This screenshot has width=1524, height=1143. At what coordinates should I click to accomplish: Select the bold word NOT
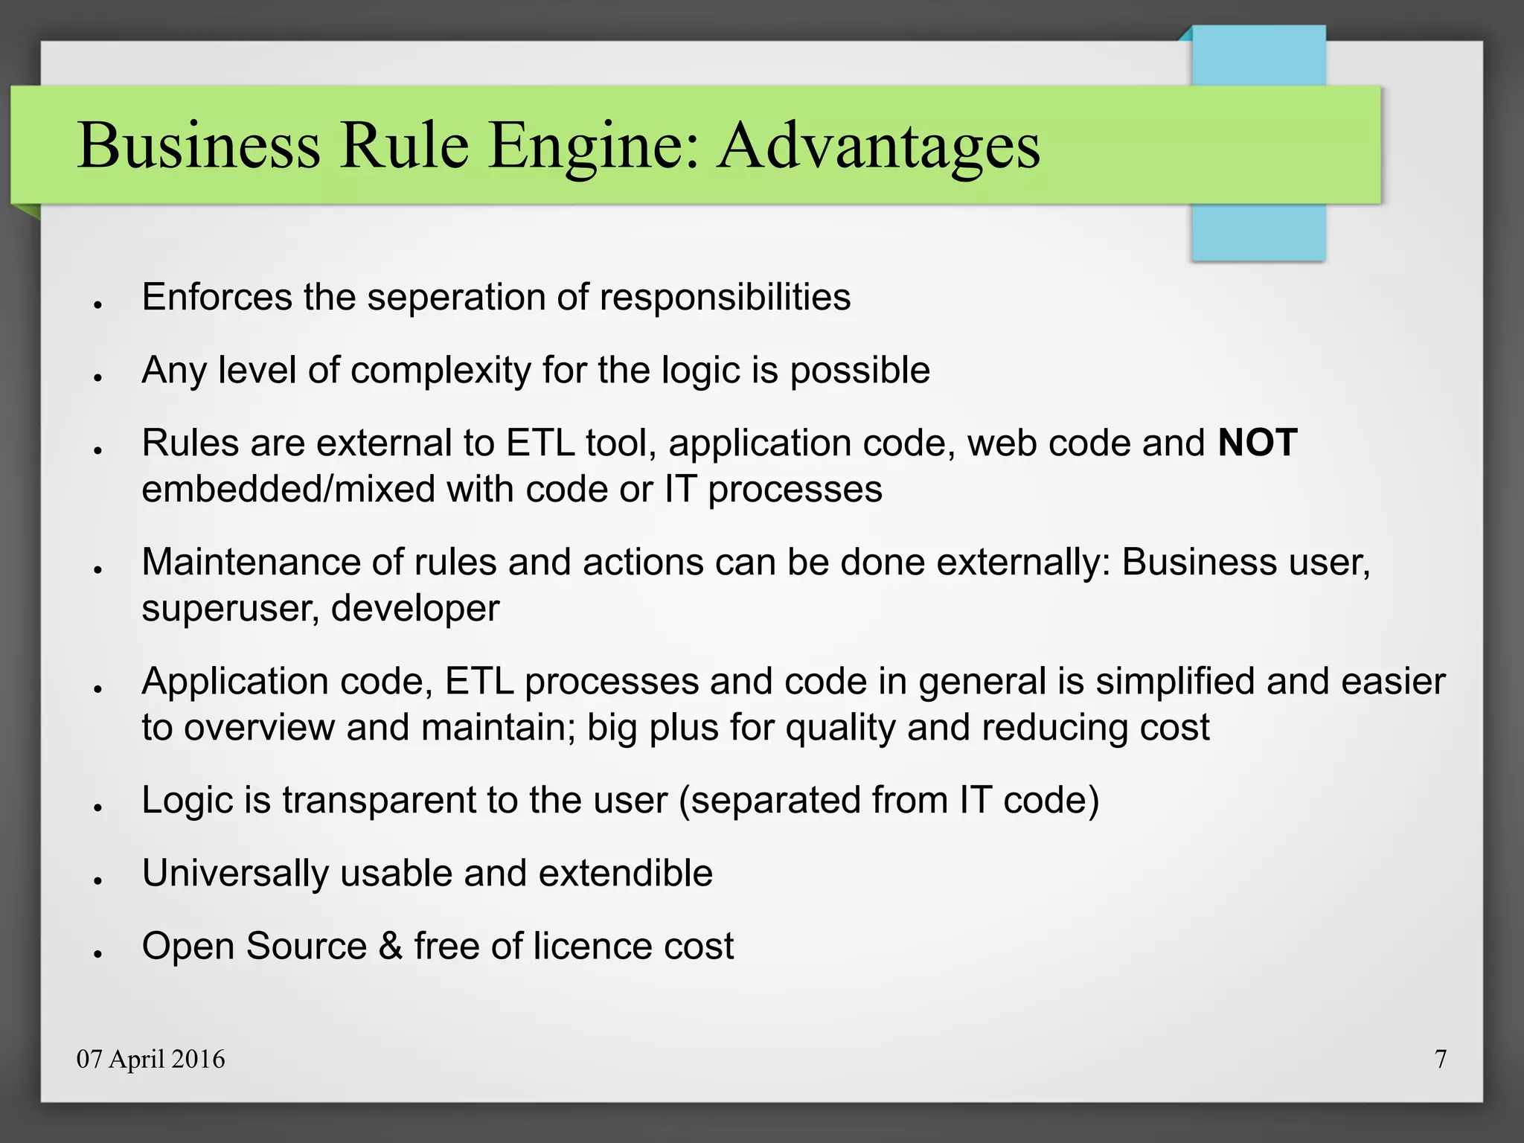tap(1258, 443)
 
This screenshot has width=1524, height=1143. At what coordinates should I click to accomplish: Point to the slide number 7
tap(1441, 1059)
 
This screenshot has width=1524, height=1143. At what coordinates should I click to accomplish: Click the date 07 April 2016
tap(150, 1059)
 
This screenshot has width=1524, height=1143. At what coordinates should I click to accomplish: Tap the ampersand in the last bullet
tap(391, 946)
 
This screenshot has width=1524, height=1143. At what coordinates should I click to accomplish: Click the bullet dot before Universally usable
tap(97, 880)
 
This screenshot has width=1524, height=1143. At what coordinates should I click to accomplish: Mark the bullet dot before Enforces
tap(97, 304)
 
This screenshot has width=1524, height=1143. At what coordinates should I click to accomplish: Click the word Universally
tap(235, 873)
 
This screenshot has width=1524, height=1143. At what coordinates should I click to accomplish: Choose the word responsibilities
tap(725, 297)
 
